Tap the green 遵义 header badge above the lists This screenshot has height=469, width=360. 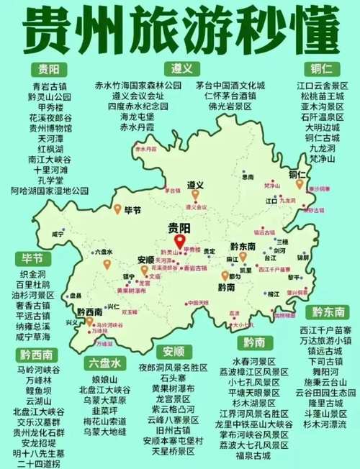point(180,68)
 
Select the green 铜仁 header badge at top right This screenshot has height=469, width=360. point(317,68)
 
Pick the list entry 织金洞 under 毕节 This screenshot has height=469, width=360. point(32,275)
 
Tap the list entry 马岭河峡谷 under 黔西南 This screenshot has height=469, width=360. point(35,368)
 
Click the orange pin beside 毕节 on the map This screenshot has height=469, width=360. point(117,209)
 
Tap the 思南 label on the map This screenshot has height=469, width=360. point(248,176)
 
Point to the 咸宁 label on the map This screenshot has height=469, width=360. point(59,234)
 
